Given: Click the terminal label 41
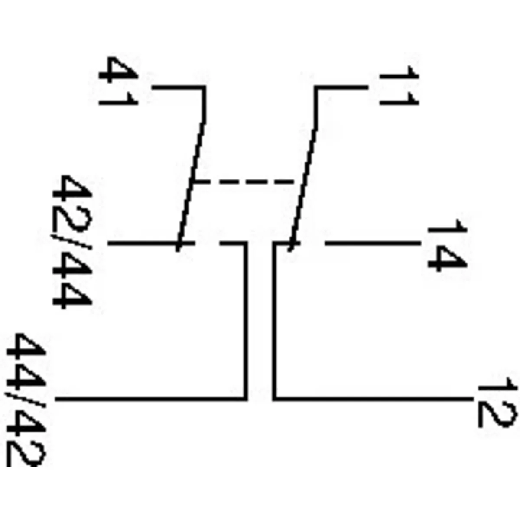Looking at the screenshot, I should click(x=118, y=82).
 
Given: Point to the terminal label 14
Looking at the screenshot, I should click(x=446, y=245).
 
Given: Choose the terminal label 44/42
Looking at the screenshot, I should click(x=26, y=399).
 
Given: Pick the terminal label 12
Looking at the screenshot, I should click(x=497, y=402).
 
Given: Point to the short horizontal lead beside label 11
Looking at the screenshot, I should click(x=342, y=88).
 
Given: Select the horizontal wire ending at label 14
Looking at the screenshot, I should click(x=373, y=244).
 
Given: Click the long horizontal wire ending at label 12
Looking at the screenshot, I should click(x=373, y=397).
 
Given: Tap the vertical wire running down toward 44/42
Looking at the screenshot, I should click(x=246, y=321).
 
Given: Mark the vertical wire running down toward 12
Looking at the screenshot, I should click(x=274, y=321).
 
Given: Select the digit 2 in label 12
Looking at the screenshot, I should click(x=497, y=414).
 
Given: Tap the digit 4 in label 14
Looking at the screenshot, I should click(x=446, y=258).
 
